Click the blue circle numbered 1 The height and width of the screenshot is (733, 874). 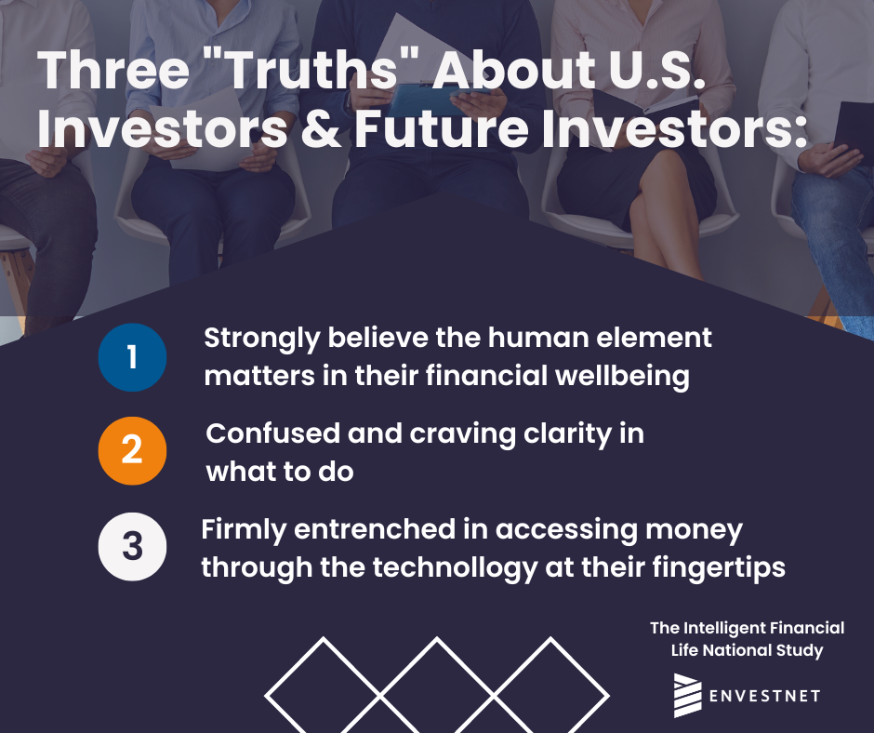[x=132, y=357]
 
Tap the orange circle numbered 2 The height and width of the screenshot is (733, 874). [x=132, y=451]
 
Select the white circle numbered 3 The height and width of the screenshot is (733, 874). [x=132, y=547]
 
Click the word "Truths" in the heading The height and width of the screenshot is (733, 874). [x=312, y=71]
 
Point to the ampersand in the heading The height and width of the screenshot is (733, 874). [x=321, y=129]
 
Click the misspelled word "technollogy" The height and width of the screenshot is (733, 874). [x=454, y=568]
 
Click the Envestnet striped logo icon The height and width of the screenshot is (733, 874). [x=687, y=696]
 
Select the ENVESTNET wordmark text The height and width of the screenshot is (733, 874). [x=764, y=696]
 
